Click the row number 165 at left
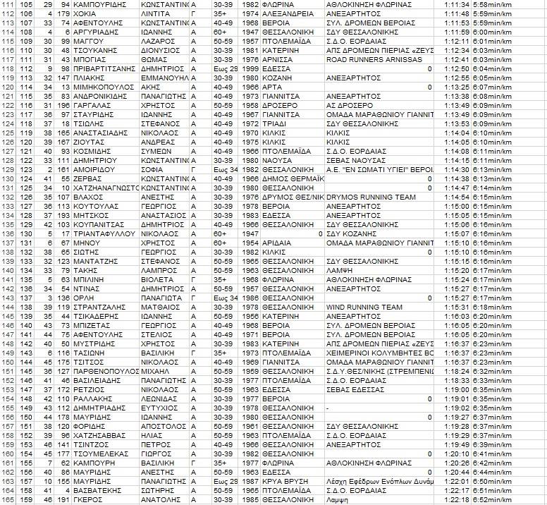pyautogui.click(x=9, y=500)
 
